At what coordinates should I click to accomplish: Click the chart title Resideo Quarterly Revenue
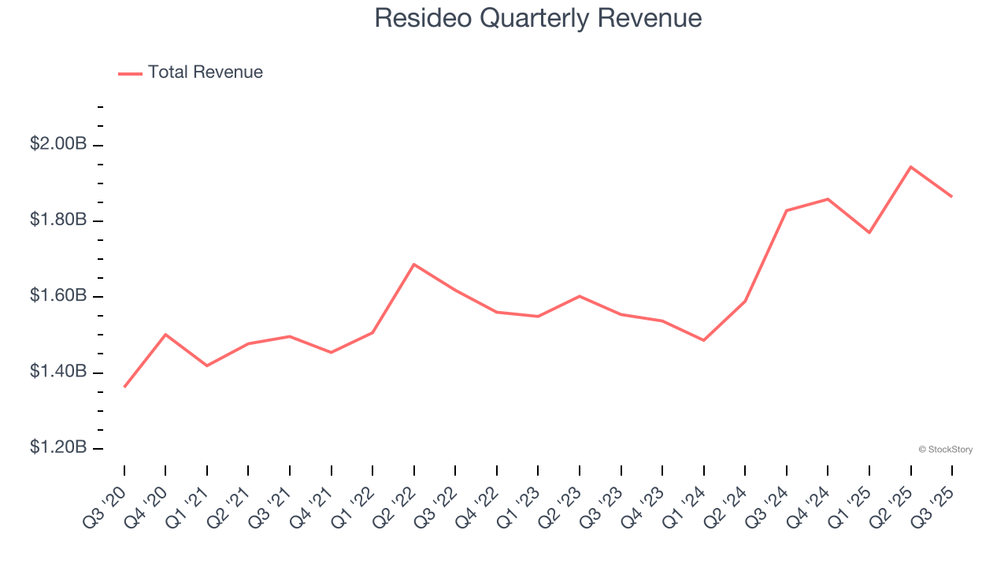pyautogui.click(x=538, y=17)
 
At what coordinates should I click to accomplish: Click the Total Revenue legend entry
pyautogui.click(x=191, y=72)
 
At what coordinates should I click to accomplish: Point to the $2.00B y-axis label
pyautogui.click(x=58, y=144)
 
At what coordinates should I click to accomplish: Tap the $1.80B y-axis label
pyautogui.click(x=58, y=220)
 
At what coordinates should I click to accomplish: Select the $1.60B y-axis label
pyautogui.click(x=58, y=296)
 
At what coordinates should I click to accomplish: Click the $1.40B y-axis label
pyautogui.click(x=58, y=372)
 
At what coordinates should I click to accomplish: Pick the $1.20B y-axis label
pyautogui.click(x=58, y=447)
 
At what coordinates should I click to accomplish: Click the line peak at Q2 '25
pyautogui.click(x=910, y=167)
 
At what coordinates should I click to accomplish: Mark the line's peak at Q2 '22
pyautogui.click(x=414, y=264)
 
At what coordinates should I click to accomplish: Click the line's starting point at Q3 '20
pyautogui.click(x=124, y=387)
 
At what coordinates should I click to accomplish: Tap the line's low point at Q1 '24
pyautogui.click(x=703, y=340)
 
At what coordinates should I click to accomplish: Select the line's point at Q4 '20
pyautogui.click(x=165, y=334)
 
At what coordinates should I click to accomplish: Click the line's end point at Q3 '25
pyautogui.click(x=952, y=196)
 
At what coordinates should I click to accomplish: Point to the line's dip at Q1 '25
pyautogui.click(x=869, y=232)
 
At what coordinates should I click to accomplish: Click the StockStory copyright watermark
pyautogui.click(x=945, y=450)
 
